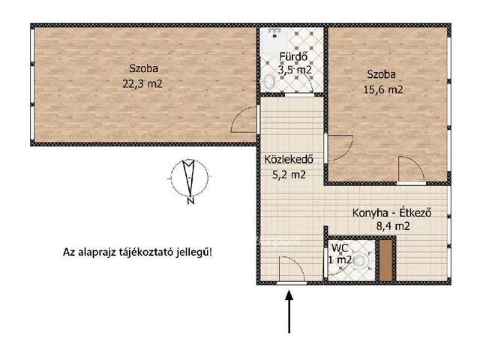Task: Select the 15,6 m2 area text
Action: tap(385, 89)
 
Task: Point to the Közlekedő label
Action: tap(287, 159)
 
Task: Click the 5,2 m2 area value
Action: tap(287, 175)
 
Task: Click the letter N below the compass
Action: tap(190, 201)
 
